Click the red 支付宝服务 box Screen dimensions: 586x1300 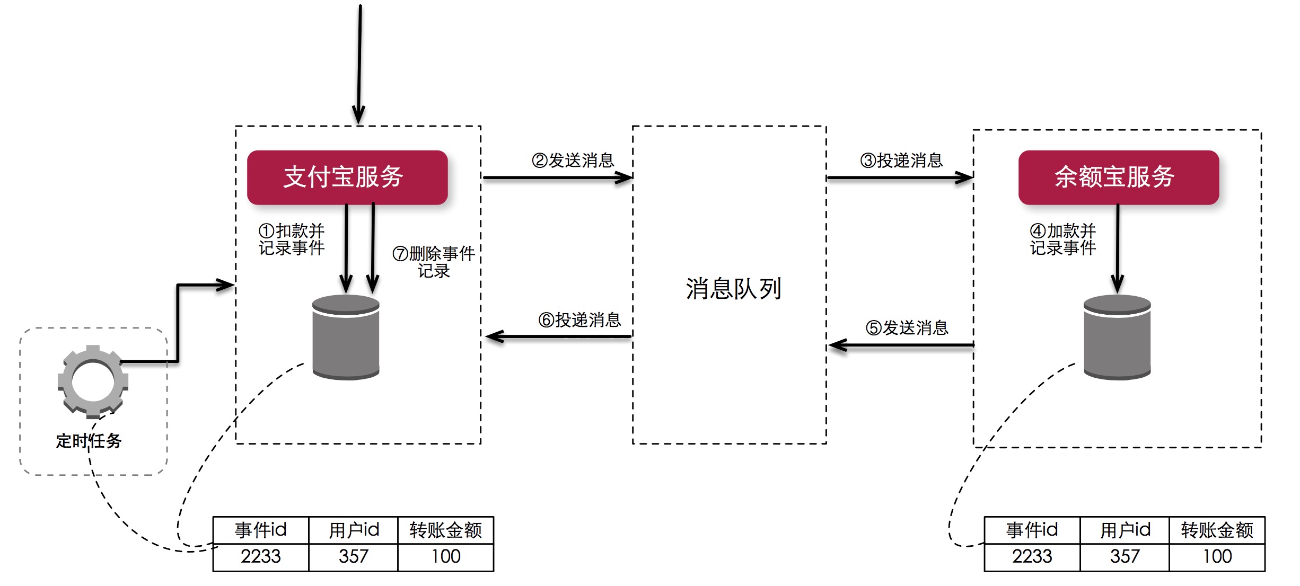coord(347,177)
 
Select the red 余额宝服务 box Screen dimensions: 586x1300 coord(1118,177)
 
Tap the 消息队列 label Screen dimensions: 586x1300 coord(733,289)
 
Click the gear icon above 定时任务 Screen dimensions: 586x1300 coord(93,381)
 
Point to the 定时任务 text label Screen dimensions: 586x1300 coord(89,441)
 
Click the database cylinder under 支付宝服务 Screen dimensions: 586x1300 coord(346,337)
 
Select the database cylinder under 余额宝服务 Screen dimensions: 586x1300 coord(1117,337)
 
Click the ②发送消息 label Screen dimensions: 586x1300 coord(573,160)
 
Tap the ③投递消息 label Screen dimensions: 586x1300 coord(901,160)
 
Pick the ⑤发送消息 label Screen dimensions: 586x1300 coord(907,327)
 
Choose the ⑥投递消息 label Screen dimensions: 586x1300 coord(579,319)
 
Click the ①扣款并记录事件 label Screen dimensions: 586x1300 coord(292,239)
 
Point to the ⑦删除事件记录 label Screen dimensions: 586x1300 coord(434,262)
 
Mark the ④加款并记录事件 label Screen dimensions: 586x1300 coord(1062,239)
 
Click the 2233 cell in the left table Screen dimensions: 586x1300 coord(260,556)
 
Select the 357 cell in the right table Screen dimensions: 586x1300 coord(1125,556)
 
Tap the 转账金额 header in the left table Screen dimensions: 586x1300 coord(445,530)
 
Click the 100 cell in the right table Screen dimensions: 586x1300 coord(1217,556)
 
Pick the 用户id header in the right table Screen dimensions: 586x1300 coord(1125,530)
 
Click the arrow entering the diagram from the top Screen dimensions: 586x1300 coord(359,64)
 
